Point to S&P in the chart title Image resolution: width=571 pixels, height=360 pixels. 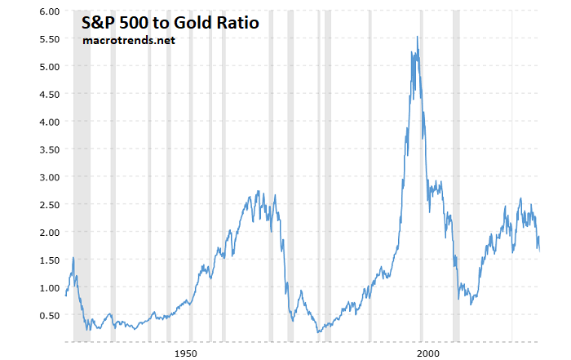point(100,23)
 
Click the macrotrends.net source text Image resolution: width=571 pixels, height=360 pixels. point(128,40)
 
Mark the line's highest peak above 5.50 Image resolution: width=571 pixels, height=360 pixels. point(418,37)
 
